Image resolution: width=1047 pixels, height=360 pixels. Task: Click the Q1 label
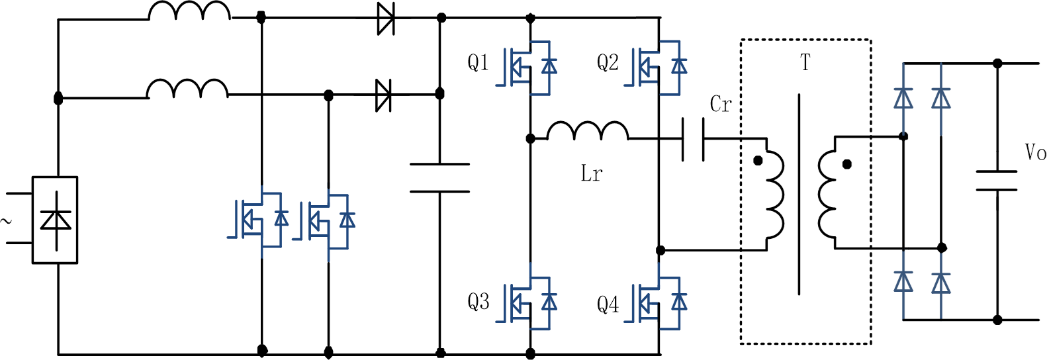(x=478, y=63)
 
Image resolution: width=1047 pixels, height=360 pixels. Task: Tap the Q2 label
(x=608, y=63)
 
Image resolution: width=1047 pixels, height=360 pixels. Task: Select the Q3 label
(x=478, y=302)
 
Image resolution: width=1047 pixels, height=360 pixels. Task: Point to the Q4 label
(x=608, y=304)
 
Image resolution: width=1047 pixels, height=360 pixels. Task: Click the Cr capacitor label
(x=720, y=105)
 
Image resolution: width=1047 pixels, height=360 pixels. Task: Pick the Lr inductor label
(x=591, y=173)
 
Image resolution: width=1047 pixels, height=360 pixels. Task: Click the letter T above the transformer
(x=805, y=63)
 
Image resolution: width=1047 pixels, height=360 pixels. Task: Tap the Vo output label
(x=1035, y=153)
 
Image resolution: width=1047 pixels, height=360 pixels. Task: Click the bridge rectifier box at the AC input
(x=55, y=220)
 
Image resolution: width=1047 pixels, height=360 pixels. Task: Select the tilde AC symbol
(x=7, y=221)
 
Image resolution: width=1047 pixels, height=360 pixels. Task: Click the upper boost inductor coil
(x=189, y=11)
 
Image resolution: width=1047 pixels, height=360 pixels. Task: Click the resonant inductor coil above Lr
(x=588, y=131)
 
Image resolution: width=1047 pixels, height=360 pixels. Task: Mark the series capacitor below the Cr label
(x=693, y=139)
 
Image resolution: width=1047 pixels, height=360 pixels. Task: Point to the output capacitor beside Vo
(x=997, y=181)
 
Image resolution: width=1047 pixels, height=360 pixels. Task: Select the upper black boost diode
(x=385, y=19)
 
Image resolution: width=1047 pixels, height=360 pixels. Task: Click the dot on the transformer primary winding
(x=758, y=161)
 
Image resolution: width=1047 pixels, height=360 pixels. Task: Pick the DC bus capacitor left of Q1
(x=440, y=178)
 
